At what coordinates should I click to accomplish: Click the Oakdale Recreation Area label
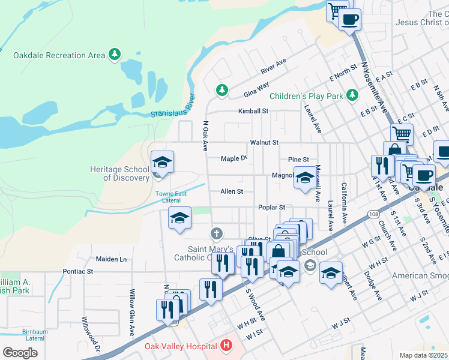[59, 55]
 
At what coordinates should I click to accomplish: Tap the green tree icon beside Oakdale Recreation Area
[114, 55]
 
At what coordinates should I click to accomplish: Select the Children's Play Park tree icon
[352, 95]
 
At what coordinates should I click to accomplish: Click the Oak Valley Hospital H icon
[226, 346]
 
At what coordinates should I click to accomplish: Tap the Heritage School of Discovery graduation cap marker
[162, 163]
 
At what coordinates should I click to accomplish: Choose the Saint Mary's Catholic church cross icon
[216, 233]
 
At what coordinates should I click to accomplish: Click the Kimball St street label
[253, 111]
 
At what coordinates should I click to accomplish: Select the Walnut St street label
[265, 142]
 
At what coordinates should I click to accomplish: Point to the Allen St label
[232, 191]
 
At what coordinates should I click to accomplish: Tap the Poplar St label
[271, 207]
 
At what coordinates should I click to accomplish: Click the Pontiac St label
[78, 271]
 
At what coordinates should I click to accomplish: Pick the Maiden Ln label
[112, 259]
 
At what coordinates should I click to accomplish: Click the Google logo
[20, 352]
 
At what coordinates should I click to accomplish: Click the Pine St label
[298, 160]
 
